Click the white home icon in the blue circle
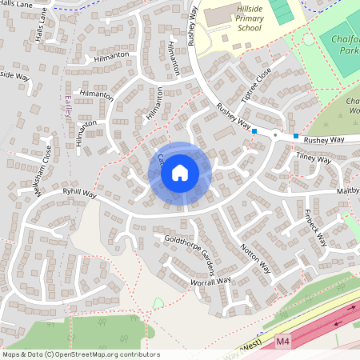180,172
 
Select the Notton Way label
255,258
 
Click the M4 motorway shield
282,342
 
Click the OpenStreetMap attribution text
80,354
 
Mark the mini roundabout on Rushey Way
274,135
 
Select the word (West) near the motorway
251,346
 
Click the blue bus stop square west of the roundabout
254,130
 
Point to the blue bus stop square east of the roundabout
295,136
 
